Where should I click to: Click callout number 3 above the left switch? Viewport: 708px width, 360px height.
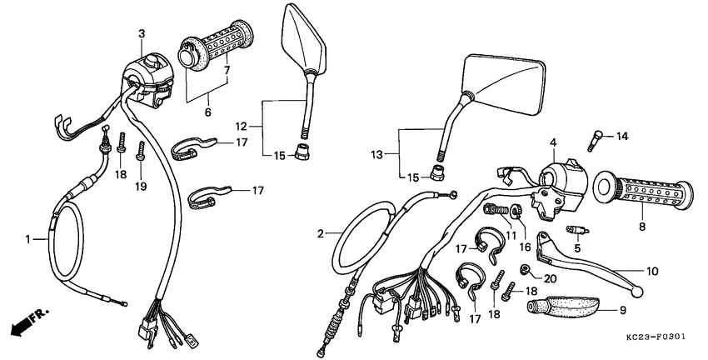[x=141, y=32]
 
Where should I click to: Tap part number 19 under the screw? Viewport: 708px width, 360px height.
[x=141, y=187]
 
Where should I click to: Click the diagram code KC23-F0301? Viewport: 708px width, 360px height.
[x=657, y=338]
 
